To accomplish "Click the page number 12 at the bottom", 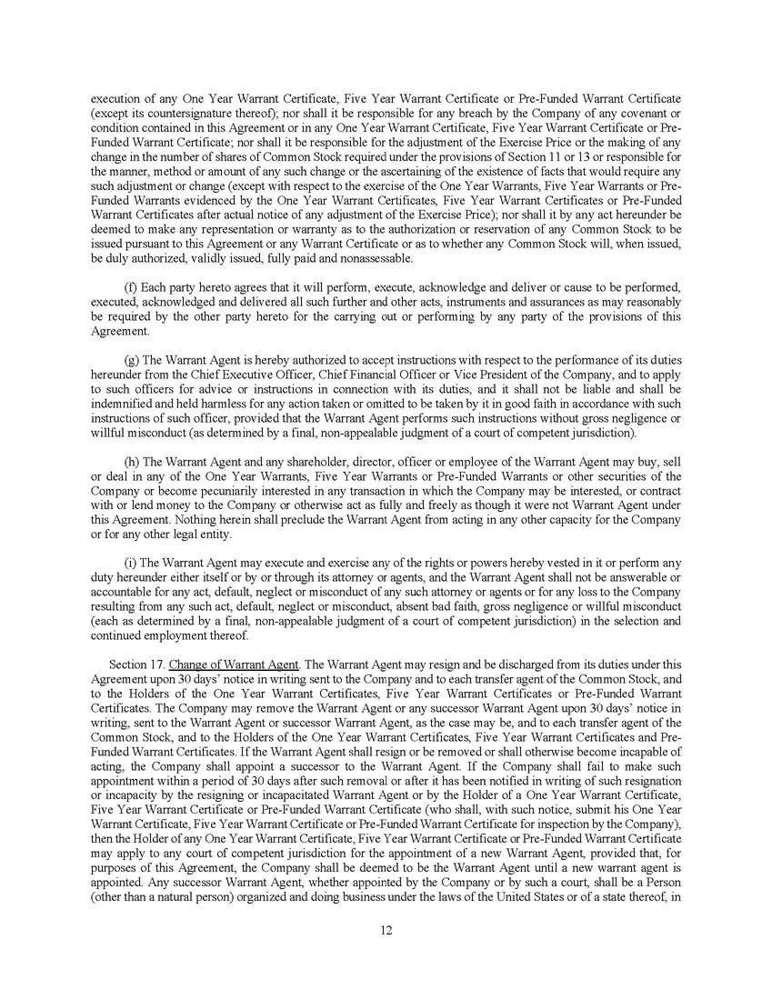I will pos(386,929).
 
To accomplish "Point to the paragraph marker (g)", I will pos(131,360).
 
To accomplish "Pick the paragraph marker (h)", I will pos(131,463).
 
